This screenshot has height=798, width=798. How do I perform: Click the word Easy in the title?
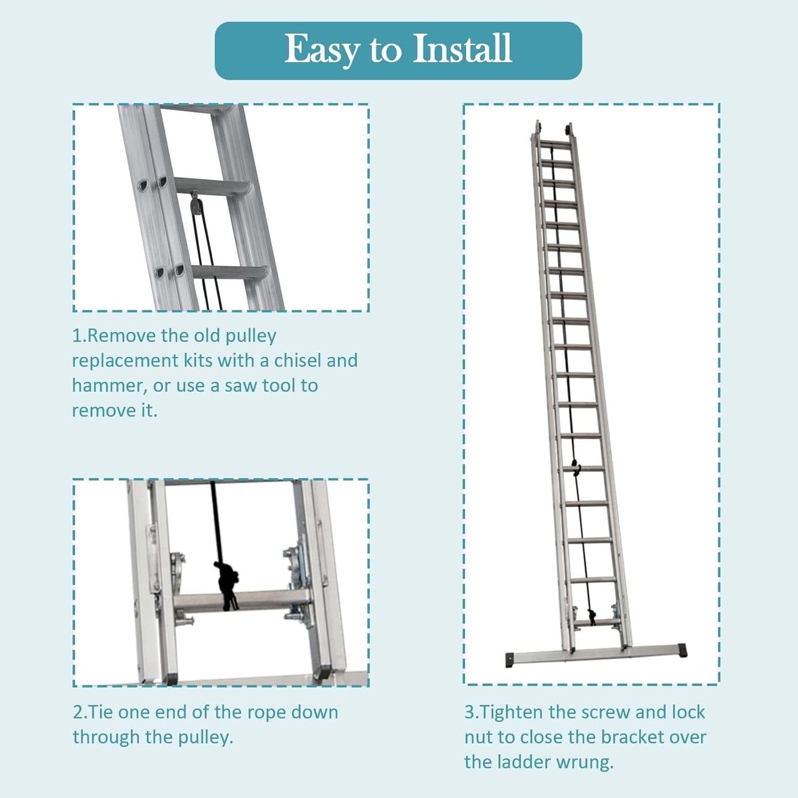321,50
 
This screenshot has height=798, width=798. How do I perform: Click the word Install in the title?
462,48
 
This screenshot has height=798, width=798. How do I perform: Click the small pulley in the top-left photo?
194,203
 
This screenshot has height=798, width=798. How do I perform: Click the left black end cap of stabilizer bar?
511,660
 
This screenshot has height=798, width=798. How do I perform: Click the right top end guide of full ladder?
569,130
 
